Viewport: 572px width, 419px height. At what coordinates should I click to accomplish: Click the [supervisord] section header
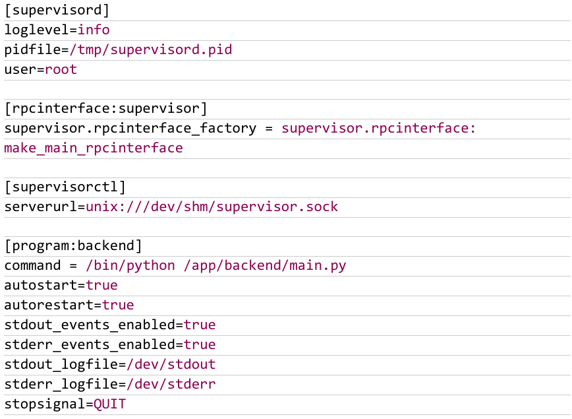click(57, 11)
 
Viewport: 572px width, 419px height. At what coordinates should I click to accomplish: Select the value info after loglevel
click(94, 30)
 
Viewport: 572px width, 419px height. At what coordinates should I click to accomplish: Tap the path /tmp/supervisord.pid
click(151, 49)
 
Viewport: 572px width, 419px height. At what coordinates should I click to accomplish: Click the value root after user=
click(61, 69)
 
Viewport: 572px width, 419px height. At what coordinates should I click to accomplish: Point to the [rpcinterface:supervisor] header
click(106, 108)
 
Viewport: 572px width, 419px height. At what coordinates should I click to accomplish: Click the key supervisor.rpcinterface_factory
click(130, 128)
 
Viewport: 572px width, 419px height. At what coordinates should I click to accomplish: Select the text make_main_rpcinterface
click(94, 148)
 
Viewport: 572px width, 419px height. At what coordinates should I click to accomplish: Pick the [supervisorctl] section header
click(65, 187)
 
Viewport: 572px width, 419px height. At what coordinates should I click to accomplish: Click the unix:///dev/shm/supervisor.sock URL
click(212, 207)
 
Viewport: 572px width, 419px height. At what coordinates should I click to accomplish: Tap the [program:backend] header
click(73, 245)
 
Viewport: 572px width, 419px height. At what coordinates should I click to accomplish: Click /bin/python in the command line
click(130, 265)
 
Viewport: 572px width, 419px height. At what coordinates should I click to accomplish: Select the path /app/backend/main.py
click(265, 265)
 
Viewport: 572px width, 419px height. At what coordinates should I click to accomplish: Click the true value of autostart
click(101, 285)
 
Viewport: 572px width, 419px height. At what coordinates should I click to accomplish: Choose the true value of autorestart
click(118, 305)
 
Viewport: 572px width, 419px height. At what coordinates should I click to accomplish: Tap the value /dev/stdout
click(171, 364)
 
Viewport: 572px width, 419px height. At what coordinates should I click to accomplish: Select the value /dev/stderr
click(171, 384)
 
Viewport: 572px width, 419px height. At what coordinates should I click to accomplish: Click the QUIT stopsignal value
click(110, 404)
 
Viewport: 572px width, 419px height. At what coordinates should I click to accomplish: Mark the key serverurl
click(41, 207)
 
